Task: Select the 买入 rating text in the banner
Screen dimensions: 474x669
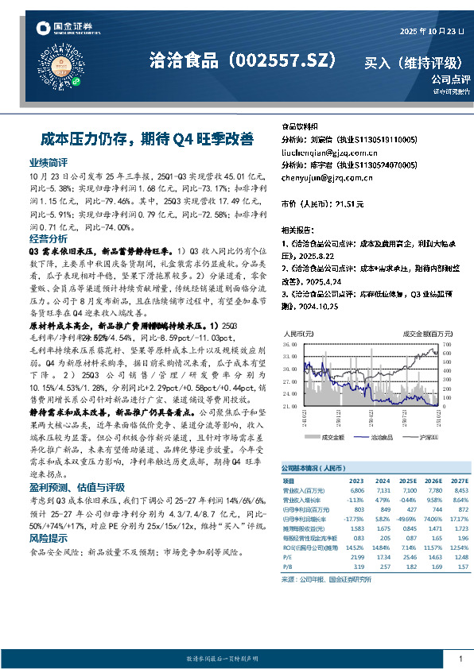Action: tap(380, 60)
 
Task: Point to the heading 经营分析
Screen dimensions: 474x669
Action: tap(48, 238)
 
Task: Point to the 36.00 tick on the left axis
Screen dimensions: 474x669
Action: tap(291, 346)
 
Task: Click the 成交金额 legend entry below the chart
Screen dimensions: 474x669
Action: tap(332, 438)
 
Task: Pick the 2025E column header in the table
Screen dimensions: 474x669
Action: tap(408, 481)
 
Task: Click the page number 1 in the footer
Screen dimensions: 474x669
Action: tap(460, 659)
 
